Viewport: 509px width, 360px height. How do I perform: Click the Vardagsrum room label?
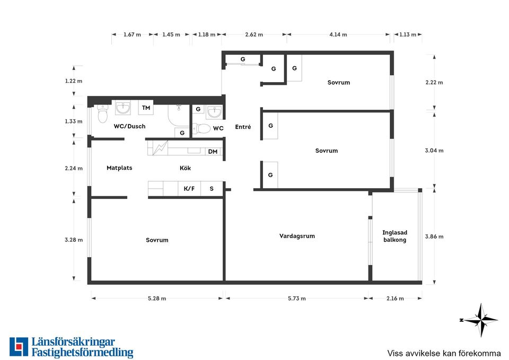[297, 236]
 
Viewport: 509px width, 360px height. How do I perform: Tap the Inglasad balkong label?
[394, 236]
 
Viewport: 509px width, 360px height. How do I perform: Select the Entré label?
[243, 127]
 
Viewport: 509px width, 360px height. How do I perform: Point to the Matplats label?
[119, 168]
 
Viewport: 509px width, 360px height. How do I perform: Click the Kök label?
[186, 168]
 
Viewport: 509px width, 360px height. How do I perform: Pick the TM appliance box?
[146, 108]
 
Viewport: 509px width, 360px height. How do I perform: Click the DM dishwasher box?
[213, 152]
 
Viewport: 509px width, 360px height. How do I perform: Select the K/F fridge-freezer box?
[189, 189]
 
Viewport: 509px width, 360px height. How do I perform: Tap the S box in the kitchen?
[212, 189]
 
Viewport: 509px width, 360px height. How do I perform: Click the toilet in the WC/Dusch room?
[102, 114]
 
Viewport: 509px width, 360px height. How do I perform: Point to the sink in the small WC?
[214, 112]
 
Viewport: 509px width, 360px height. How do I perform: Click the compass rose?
[480, 320]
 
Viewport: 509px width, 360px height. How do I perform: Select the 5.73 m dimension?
[297, 298]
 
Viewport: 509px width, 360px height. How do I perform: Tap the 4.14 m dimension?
[338, 34]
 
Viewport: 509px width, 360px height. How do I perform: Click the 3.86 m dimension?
[434, 236]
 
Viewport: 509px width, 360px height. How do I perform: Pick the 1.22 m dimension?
[74, 81]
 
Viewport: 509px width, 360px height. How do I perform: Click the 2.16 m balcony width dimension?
[395, 298]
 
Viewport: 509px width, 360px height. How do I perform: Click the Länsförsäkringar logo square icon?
[19, 347]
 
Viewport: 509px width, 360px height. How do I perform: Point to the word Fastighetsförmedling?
[83, 353]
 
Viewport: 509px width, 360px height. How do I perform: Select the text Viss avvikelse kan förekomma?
[444, 353]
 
